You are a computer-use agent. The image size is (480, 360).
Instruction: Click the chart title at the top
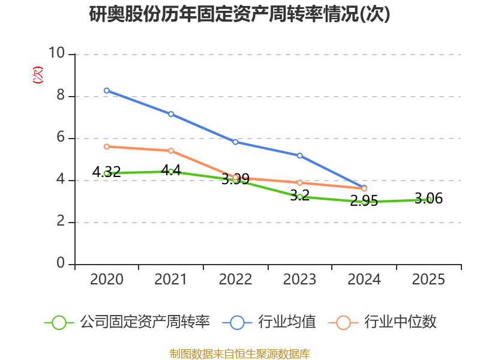pos(239,14)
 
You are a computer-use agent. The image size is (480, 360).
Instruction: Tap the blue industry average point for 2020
pos(107,91)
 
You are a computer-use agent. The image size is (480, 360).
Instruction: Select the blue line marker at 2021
pos(171,114)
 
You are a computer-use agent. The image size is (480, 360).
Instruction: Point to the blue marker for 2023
pos(299,156)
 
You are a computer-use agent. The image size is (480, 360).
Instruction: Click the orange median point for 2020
pos(107,146)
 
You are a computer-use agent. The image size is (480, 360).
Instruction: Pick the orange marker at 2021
pos(171,151)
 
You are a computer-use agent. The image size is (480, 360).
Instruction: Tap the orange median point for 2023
pos(299,183)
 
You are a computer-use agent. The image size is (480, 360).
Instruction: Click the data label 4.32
pos(107,172)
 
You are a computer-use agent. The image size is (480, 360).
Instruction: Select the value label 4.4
pos(171,170)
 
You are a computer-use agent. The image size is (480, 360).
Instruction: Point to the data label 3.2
pos(299,196)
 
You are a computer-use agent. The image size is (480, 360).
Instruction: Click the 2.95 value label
pos(364,201)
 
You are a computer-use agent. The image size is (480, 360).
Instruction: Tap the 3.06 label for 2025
pos(428,199)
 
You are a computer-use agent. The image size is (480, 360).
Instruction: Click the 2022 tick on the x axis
pos(235,279)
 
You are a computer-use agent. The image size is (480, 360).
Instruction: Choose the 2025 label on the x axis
pos(428,279)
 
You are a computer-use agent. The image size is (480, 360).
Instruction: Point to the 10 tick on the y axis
pos(57,53)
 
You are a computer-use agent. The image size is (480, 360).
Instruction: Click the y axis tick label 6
pos(61,137)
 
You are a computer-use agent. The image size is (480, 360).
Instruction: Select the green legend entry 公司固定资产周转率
pos(127,322)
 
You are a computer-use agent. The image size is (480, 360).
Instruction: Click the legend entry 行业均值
pos(269,322)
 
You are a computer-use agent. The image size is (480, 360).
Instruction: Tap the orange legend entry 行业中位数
pos(382,322)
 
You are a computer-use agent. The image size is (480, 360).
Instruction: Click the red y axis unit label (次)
pos(38,75)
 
